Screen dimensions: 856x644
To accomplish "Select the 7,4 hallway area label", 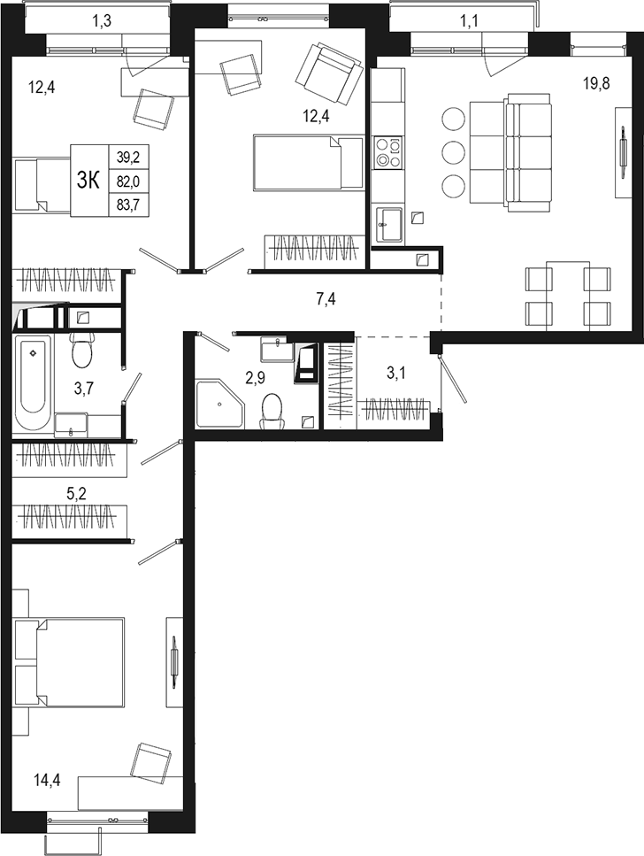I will pos(326,299).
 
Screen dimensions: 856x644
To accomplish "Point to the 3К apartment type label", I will pos(88,180).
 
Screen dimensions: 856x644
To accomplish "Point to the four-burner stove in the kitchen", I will pos(387,152).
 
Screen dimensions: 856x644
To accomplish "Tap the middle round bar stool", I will pos(452,151).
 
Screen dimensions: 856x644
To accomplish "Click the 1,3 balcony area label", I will pos(103,18).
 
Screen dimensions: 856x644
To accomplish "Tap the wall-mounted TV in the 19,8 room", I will pos(619,152).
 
